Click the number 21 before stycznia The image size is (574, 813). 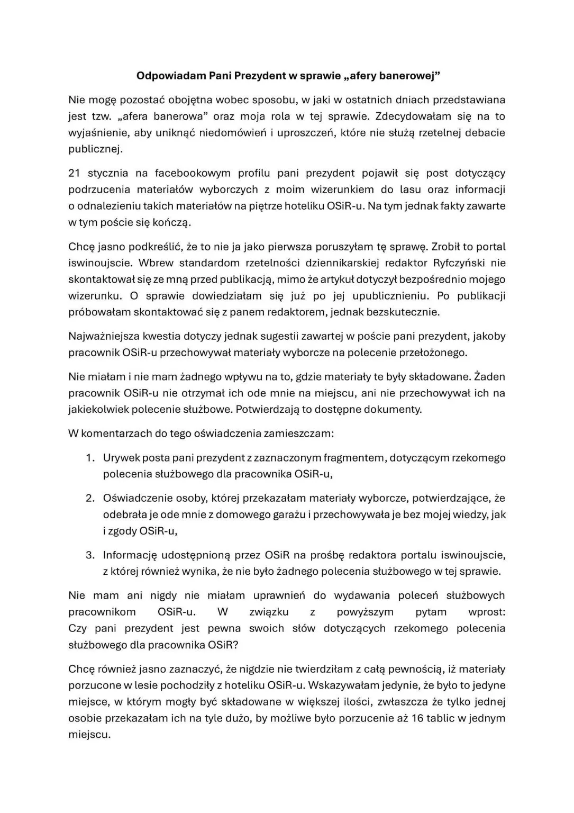pos(75,173)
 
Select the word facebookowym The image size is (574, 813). pos(193,173)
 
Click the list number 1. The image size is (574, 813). pos(90,458)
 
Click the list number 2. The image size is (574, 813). pos(90,499)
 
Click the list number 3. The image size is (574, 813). pos(90,555)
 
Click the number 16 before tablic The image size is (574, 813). pos(417,719)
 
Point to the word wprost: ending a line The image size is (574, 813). pos(487,612)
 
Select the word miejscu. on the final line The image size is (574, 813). pos(89,735)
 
